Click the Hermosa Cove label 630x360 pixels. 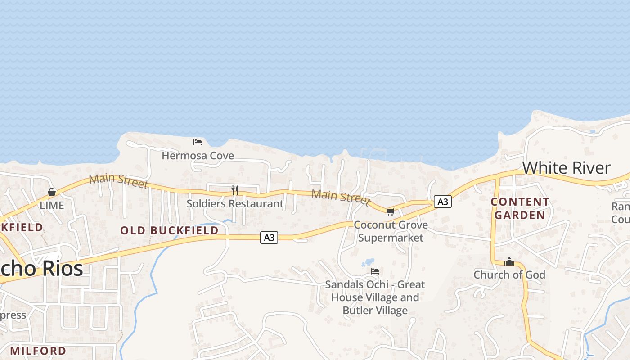(x=198, y=156)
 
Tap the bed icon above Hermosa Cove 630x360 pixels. (x=197, y=142)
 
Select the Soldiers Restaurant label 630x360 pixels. (x=235, y=203)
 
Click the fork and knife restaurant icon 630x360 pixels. (x=234, y=190)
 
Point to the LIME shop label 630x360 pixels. (x=52, y=206)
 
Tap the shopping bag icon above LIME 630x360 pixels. (x=52, y=193)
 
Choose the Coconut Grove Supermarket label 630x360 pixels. (x=391, y=231)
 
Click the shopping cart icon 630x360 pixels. (x=390, y=211)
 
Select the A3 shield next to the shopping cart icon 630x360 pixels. (x=443, y=202)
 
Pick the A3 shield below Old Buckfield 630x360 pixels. (x=269, y=238)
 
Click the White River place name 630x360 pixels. (x=566, y=168)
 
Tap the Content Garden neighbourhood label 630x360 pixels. (x=520, y=208)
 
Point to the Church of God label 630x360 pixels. (x=509, y=274)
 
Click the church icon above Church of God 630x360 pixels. (x=509, y=261)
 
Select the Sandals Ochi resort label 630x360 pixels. (x=375, y=297)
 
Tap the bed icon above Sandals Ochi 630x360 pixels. (x=374, y=271)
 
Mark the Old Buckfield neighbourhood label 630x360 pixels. (x=169, y=230)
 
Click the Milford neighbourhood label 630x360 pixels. (x=38, y=351)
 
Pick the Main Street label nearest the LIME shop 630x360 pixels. (x=118, y=181)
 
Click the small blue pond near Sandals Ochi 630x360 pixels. (x=369, y=262)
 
